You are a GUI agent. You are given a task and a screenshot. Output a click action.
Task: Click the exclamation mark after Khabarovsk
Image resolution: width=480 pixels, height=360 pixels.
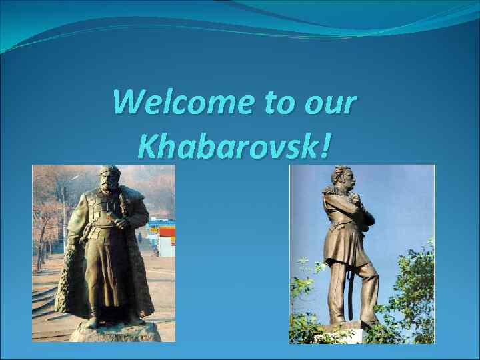[x=325, y=145]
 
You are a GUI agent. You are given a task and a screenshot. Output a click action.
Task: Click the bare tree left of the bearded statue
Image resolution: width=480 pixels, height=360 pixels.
[x=47, y=213]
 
